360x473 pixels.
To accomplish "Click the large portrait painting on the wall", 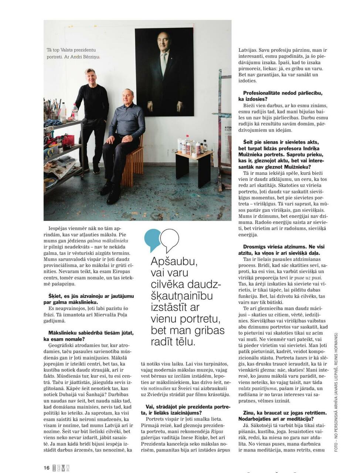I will point(164,72).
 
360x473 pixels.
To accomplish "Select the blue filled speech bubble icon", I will point(152,239).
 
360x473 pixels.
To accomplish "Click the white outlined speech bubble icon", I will point(170,239).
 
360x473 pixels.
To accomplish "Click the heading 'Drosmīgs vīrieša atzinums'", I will point(281,250).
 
